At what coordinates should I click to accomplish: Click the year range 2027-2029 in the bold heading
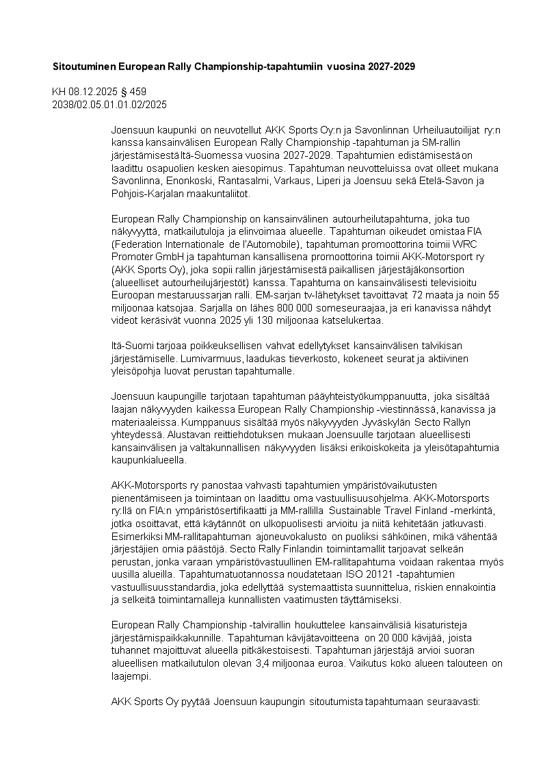[391, 67]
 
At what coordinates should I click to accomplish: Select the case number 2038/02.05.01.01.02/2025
[109, 104]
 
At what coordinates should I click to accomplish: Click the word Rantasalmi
[242, 181]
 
